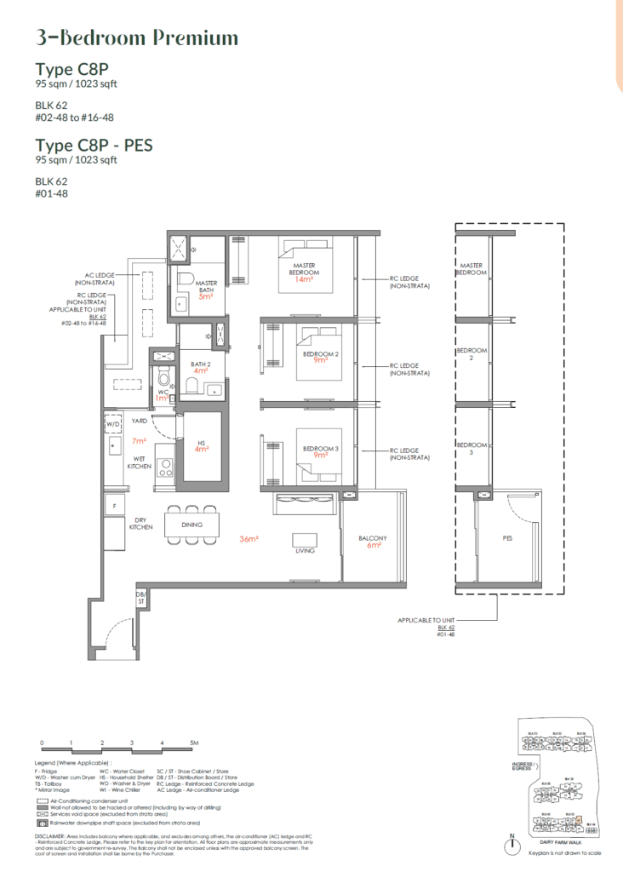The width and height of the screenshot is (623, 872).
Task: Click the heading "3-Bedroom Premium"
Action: [137, 38]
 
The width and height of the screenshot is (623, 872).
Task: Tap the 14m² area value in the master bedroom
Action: [305, 279]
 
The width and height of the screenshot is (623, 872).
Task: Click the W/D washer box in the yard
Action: [114, 424]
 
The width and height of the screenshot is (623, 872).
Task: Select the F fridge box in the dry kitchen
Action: [113, 507]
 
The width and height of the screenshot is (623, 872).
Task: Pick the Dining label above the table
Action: [191, 525]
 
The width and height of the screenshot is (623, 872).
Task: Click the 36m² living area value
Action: [249, 539]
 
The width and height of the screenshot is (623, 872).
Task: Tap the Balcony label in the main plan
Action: [373, 538]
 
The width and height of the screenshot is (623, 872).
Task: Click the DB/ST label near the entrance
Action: [141, 598]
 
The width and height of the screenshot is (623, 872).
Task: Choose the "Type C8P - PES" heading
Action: [94, 145]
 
